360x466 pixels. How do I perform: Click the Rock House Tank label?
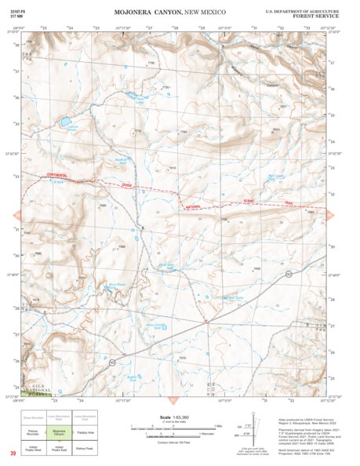[116, 285]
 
